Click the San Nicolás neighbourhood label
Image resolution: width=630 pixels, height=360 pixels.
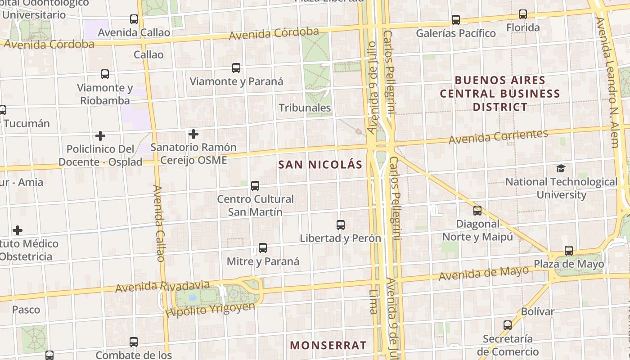[320, 165]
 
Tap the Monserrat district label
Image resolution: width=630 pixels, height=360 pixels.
[328, 346]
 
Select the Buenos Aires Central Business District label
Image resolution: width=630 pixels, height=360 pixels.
[500, 94]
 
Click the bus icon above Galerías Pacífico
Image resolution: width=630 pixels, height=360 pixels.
[456, 20]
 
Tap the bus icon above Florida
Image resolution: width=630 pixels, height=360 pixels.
[522, 14]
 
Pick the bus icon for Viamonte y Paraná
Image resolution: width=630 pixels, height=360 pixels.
[236, 68]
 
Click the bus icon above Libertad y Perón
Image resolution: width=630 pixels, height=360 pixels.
[341, 225]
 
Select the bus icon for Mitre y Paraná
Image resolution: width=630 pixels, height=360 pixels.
[263, 248]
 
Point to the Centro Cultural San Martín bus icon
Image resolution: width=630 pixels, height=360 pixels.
[255, 185]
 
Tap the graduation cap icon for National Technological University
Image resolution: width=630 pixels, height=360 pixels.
[561, 169]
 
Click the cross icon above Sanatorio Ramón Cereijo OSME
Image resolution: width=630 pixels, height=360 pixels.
[193, 134]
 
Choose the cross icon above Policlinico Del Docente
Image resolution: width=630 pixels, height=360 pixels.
[100, 135]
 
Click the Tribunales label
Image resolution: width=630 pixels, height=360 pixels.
[305, 108]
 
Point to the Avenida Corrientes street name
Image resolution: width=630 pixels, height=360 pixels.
[498, 136]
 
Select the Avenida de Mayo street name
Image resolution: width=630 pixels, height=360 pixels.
[483, 273]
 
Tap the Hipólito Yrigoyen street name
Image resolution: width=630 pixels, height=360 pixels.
[210, 310]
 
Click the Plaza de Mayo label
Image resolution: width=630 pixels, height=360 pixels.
[569, 264]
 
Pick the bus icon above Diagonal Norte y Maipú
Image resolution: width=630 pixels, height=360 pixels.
[477, 210]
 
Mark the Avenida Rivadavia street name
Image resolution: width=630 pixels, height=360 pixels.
[162, 286]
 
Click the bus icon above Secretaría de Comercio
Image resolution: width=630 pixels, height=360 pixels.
[508, 325]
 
